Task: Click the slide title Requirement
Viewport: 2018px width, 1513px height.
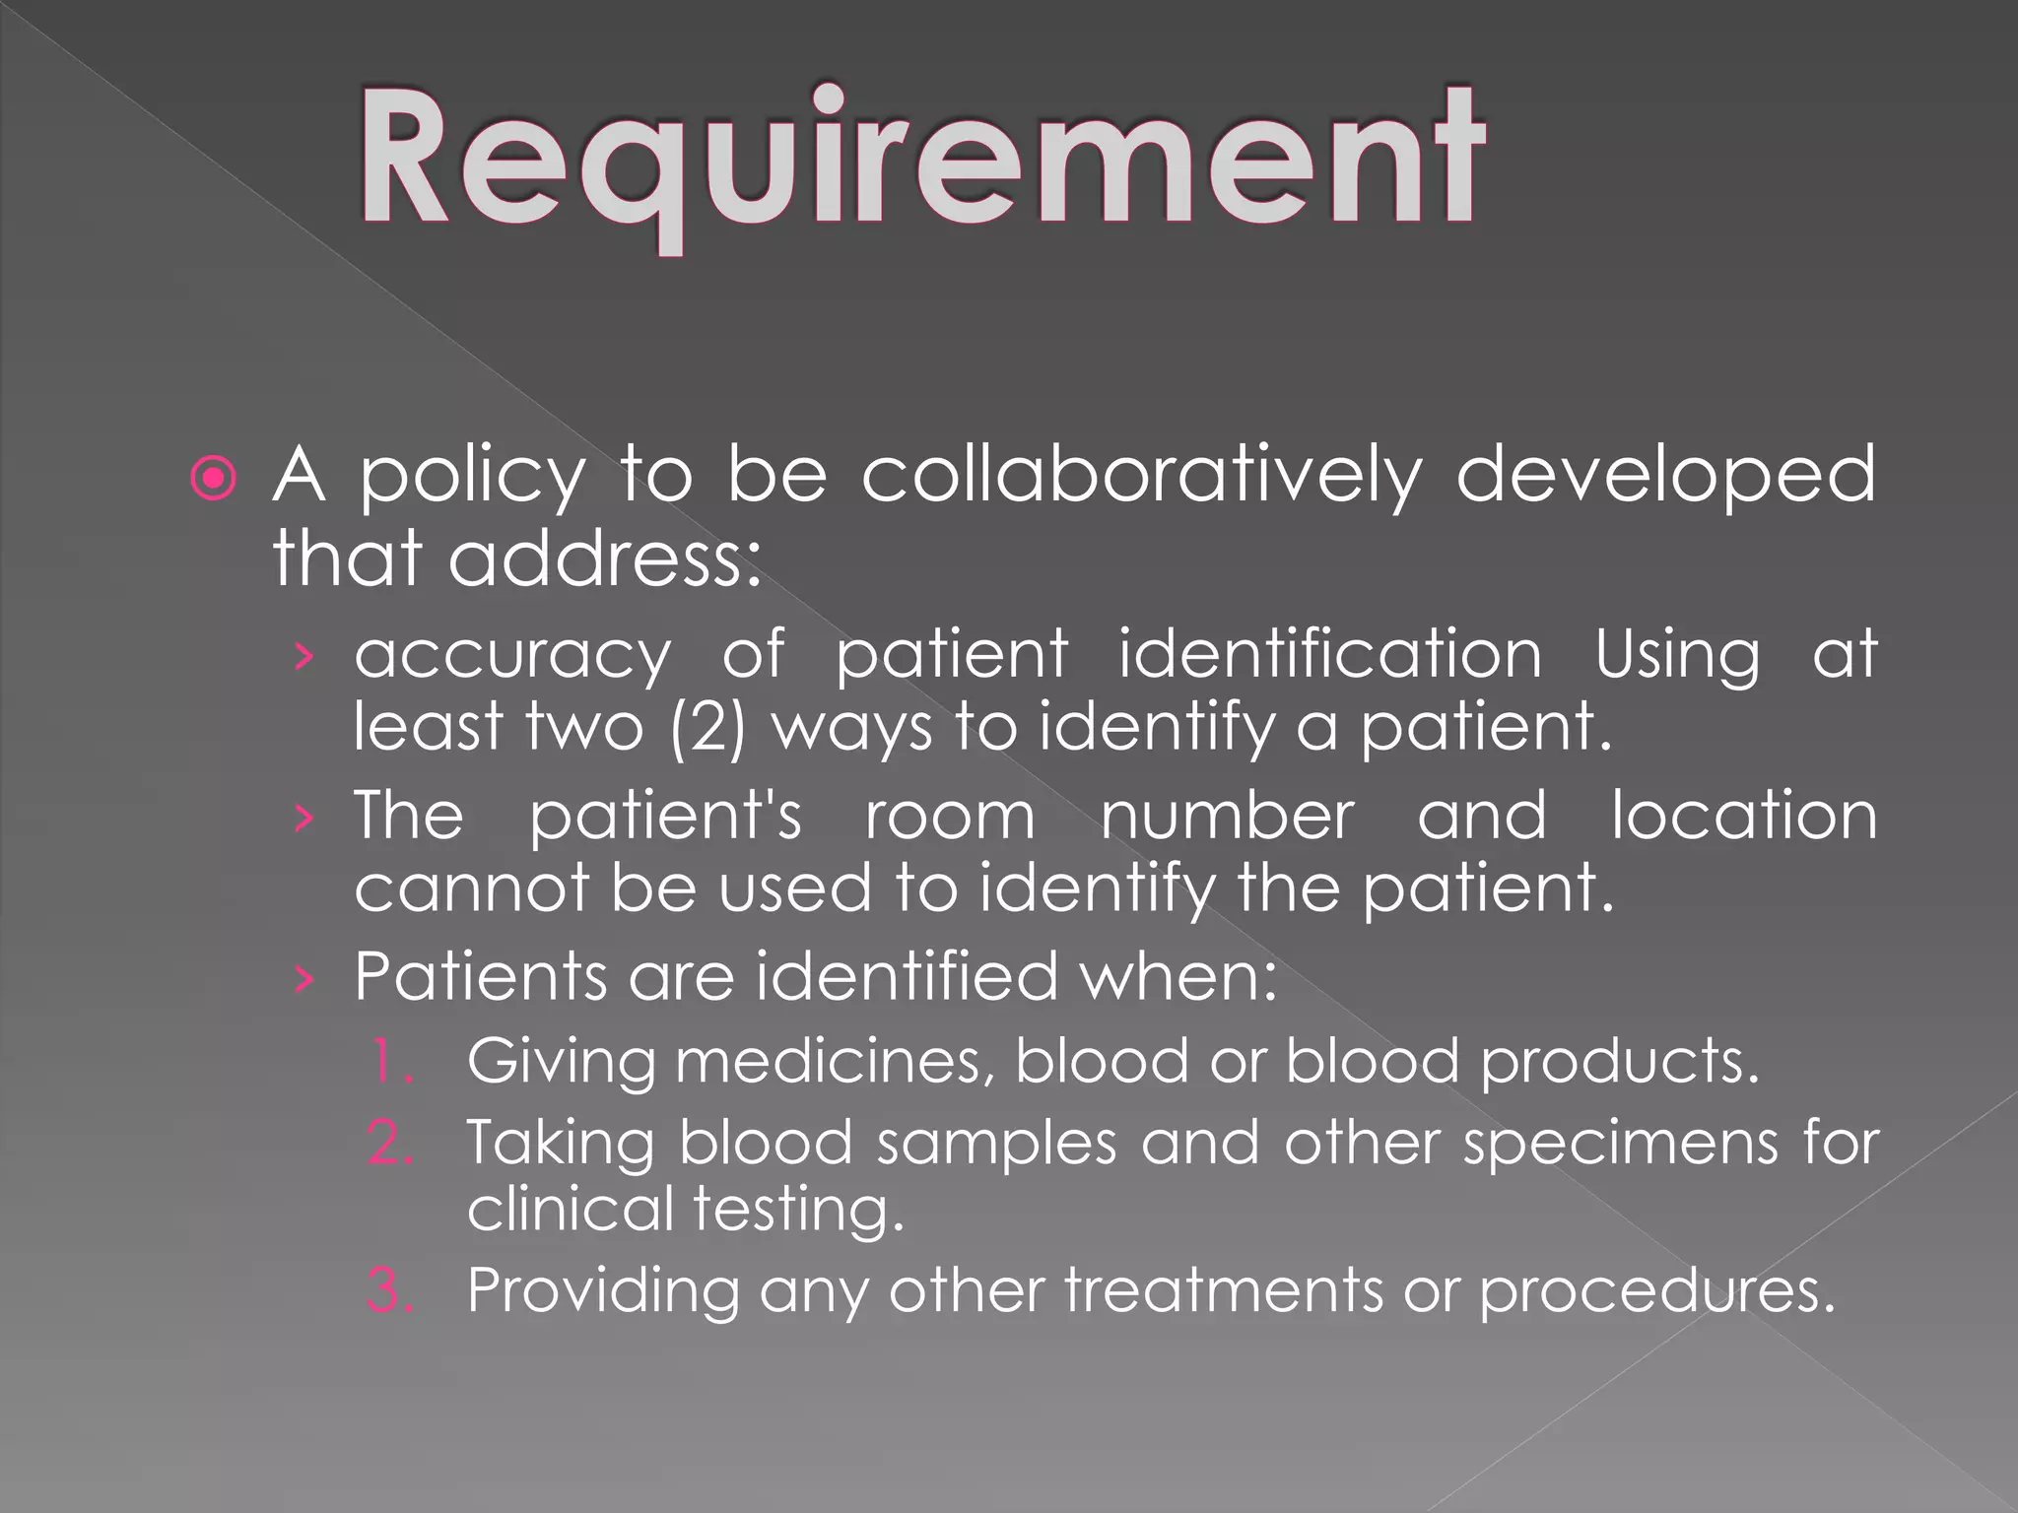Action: (920, 163)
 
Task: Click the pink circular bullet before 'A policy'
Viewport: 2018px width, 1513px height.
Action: (214, 479)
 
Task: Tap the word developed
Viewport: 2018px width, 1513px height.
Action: (1665, 476)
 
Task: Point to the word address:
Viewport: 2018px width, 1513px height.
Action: (605, 559)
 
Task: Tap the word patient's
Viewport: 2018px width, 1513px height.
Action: (666, 818)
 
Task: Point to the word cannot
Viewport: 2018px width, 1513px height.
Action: (472, 888)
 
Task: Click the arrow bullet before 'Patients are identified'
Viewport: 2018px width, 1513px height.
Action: (304, 979)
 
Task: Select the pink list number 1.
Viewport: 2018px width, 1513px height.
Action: (392, 1062)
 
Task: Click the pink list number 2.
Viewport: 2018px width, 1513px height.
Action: (390, 1144)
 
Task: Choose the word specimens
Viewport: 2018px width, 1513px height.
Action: (1621, 1146)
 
